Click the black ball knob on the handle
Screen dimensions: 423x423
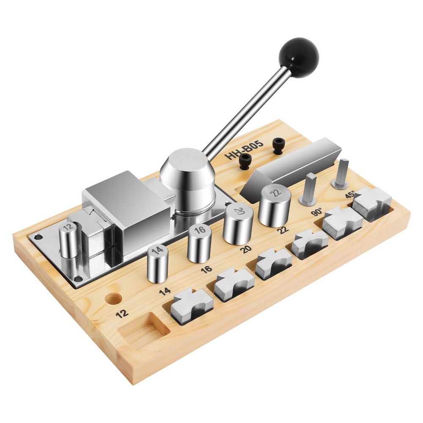[299, 58]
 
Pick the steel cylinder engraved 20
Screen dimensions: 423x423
[239, 224]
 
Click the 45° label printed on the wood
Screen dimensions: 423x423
[350, 195]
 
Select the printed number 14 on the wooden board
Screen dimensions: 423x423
[165, 291]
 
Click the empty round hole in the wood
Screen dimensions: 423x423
[113, 299]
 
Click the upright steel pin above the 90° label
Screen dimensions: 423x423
[308, 189]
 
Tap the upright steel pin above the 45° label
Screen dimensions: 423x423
[341, 173]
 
